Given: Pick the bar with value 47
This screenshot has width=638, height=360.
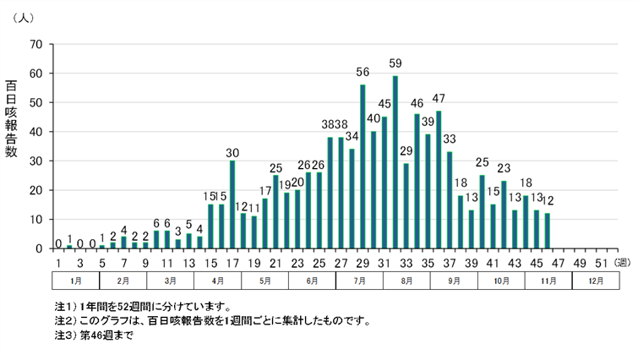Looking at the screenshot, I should click(x=439, y=180).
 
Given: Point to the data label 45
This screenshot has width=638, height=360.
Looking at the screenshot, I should click(x=384, y=104).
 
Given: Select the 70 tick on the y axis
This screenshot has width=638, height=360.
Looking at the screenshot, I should click(x=35, y=44).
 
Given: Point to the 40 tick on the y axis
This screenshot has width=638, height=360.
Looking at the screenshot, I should click(x=35, y=132).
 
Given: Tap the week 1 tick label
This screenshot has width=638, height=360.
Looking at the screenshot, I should click(x=58, y=262).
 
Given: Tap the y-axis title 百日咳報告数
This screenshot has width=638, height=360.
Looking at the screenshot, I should click(x=12, y=118).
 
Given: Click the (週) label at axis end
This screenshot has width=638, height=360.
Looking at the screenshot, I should click(x=621, y=262).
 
